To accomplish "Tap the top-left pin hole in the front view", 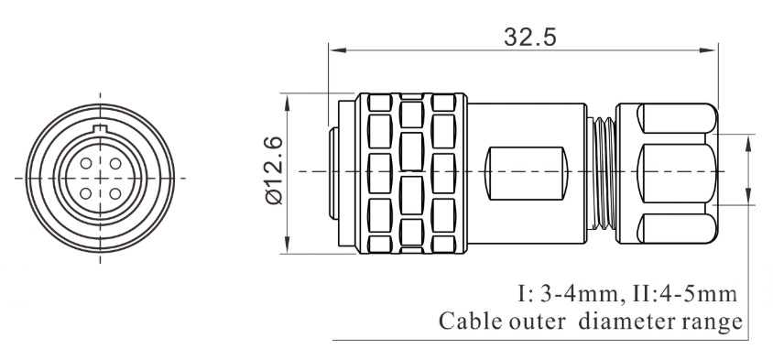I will coord(86,162).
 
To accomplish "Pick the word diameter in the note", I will coord(624,322).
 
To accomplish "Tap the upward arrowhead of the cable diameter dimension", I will coord(751,147).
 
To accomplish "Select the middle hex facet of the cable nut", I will coord(673,172).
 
